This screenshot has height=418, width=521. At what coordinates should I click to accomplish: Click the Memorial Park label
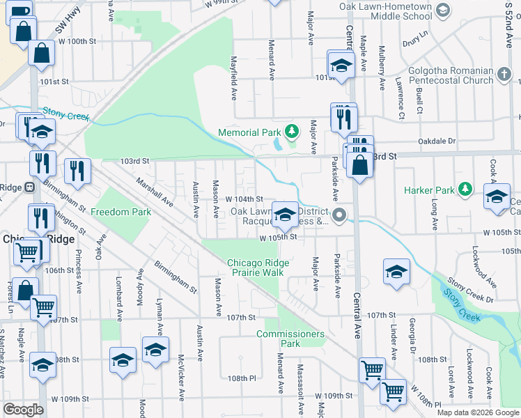coord(249,132)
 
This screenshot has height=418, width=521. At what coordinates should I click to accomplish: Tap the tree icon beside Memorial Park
coord(294,131)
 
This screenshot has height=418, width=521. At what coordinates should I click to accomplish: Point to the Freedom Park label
coord(120,212)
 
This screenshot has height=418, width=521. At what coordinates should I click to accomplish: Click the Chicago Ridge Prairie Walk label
coord(256,268)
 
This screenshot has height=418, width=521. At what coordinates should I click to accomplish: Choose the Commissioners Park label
coord(290,339)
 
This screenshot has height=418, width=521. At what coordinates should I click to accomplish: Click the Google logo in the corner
coord(23,410)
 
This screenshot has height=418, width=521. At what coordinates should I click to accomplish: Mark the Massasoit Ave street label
coord(301,382)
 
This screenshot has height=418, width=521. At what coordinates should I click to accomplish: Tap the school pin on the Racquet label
coord(284,215)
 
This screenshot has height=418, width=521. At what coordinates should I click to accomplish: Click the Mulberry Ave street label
coord(382,69)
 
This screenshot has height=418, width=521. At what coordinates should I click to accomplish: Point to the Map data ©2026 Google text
coord(478,412)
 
